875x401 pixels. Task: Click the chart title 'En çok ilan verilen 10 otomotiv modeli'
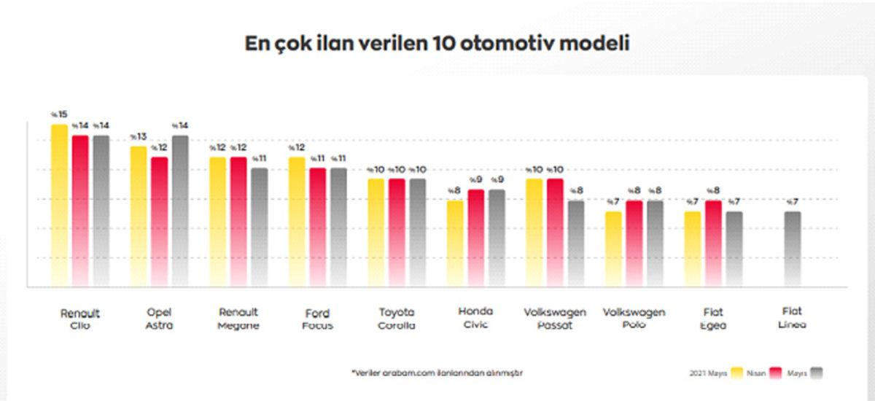click(437, 43)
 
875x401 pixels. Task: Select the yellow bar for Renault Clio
click(59, 204)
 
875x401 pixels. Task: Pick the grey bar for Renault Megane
click(260, 226)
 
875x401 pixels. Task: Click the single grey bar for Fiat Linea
click(793, 248)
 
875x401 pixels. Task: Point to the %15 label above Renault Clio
click(58, 114)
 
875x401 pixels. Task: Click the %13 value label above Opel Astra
click(138, 136)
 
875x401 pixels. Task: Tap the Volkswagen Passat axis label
click(555, 319)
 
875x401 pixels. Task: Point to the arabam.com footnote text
click(437, 373)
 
